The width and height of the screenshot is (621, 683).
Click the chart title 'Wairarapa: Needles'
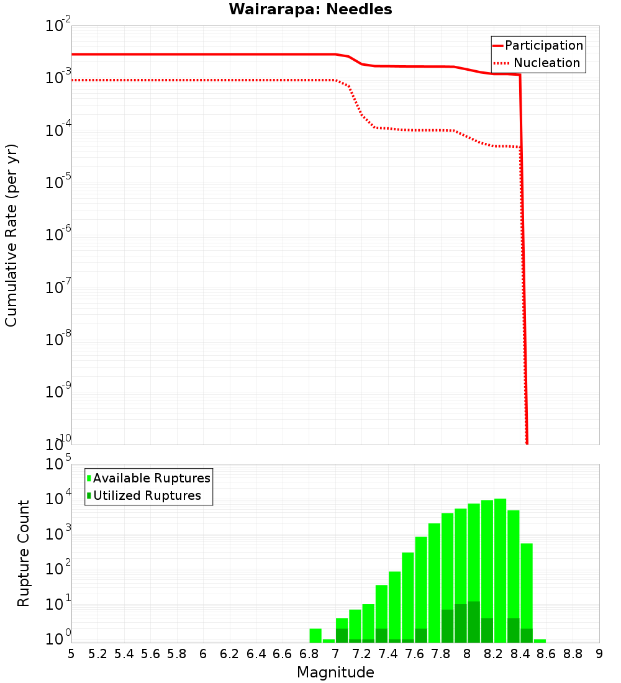click(310, 9)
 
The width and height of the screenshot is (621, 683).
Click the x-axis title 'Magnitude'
click(335, 672)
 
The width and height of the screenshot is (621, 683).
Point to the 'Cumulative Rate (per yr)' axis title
click(11, 235)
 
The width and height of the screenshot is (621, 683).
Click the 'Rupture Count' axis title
click(24, 553)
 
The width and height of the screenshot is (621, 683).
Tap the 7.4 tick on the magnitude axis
click(388, 654)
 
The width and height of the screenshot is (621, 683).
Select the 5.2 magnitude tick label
click(98, 654)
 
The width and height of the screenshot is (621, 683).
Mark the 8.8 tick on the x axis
click(573, 654)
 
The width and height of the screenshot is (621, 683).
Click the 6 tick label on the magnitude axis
click(203, 654)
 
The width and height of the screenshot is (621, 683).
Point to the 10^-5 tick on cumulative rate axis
click(58, 183)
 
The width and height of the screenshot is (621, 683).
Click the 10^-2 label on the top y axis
click(58, 26)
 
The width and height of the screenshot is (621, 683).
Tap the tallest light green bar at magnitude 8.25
click(500, 571)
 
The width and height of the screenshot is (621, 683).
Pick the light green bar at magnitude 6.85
click(315, 636)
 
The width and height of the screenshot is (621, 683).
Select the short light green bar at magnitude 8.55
click(540, 641)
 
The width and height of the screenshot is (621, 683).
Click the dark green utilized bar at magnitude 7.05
click(342, 636)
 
